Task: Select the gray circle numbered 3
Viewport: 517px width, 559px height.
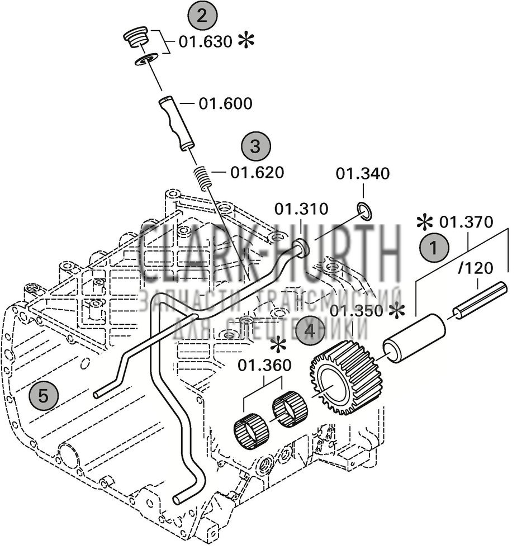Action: (x=255, y=147)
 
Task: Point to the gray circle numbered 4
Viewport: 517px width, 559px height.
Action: (x=310, y=331)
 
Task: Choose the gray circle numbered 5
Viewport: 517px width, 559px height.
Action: (x=44, y=396)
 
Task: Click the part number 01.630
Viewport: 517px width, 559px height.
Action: (x=205, y=42)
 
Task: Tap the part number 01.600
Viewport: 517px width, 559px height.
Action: (x=226, y=103)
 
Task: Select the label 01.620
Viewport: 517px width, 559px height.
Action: (x=257, y=173)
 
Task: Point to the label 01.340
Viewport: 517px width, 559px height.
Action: (x=363, y=174)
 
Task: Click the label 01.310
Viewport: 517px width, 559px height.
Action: (x=301, y=209)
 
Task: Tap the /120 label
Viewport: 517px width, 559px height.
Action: (x=475, y=268)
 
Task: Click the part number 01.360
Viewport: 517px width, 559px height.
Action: (x=265, y=366)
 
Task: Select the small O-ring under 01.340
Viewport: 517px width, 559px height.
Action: (x=363, y=211)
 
